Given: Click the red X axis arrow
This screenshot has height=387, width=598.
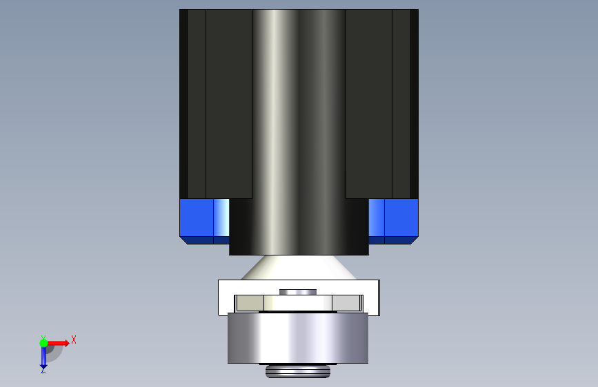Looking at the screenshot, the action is (x=57, y=343).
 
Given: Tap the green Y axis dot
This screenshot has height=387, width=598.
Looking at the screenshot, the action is (x=43, y=343).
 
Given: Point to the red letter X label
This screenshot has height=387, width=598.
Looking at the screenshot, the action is (x=74, y=339).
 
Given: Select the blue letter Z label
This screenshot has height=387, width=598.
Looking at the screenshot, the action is (x=43, y=370).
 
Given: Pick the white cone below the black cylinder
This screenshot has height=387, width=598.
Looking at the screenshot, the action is (x=299, y=267).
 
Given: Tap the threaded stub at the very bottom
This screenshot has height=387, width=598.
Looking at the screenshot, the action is (x=298, y=370).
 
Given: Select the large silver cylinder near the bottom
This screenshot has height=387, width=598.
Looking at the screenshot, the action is (x=298, y=338).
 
